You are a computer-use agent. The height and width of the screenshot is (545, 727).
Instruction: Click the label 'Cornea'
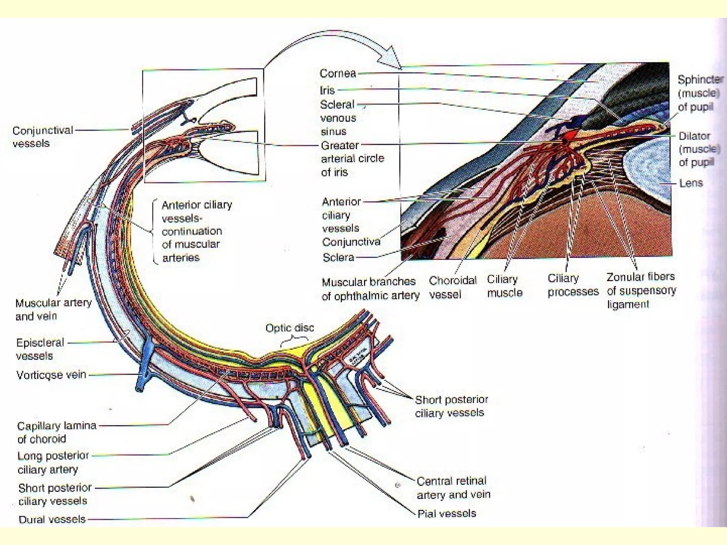(338, 73)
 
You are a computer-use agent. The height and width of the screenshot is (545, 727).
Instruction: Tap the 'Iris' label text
(327, 90)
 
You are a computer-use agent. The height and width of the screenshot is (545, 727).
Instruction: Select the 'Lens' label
(691, 183)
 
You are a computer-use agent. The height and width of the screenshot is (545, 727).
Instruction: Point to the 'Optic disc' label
(290, 328)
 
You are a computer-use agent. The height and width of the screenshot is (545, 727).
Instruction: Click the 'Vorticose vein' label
(51, 375)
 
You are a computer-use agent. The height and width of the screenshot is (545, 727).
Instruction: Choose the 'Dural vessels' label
(52, 519)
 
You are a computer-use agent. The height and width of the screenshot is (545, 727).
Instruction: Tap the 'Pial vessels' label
(447, 513)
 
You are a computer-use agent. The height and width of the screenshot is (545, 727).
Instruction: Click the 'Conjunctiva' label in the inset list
(351, 242)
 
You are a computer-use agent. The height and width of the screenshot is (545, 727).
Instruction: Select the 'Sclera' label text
(338, 257)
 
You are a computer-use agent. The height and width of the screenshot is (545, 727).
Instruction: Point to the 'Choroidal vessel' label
(452, 287)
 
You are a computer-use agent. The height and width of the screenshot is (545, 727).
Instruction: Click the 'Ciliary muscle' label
(504, 286)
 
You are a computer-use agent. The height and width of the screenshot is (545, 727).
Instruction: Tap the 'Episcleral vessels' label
(40, 349)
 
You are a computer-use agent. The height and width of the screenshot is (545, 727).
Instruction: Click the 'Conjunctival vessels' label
(43, 137)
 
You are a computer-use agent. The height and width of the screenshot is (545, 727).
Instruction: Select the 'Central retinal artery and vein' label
(453, 488)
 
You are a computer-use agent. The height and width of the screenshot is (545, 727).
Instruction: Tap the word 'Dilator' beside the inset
(694, 136)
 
